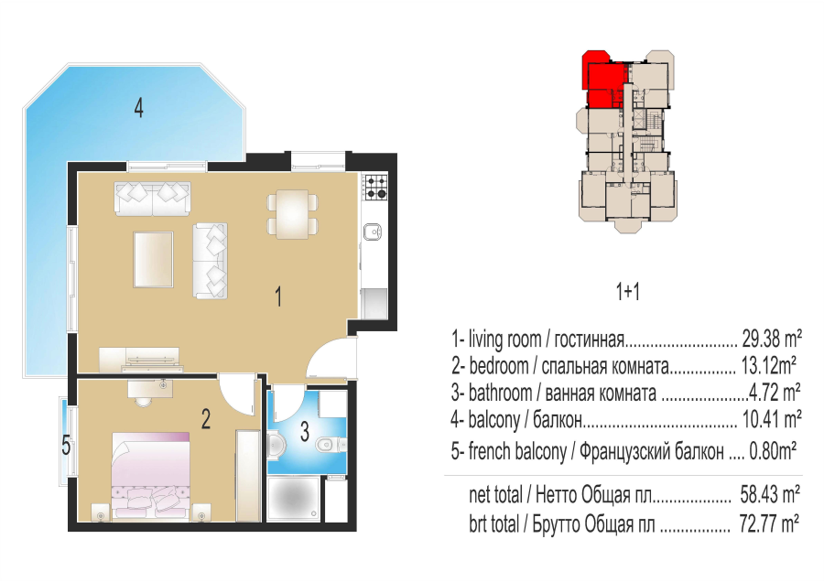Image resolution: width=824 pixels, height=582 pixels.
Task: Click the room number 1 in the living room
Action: [x=278, y=296]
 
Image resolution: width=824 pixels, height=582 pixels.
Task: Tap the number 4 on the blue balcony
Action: [x=138, y=108]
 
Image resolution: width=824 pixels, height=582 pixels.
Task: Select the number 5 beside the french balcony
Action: [x=66, y=446]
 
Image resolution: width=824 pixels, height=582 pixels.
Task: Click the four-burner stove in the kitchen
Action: [x=376, y=187]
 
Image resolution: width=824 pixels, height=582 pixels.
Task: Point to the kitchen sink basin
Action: [x=374, y=231]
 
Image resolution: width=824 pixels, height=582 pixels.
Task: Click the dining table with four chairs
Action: [x=292, y=214]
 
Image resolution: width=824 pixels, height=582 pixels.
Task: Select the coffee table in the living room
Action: [x=154, y=260]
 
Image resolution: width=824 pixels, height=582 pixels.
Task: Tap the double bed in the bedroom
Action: [x=150, y=476]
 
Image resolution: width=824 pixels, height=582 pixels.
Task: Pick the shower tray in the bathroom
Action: [x=293, y=498]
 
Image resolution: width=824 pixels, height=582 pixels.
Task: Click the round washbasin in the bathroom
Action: [x=276, y=446]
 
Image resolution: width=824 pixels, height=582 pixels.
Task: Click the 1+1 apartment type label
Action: [x=627, y=291]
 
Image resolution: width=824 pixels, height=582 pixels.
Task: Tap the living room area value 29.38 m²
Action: [x=772, y=339]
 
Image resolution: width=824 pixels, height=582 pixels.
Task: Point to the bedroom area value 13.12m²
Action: [x=768, y=366]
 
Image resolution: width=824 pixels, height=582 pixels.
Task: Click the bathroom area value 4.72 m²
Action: [x=775, y=393]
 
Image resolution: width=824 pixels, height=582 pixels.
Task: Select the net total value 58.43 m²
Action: [x=770, y=494]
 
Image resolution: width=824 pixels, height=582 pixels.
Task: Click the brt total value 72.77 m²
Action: [x=769, y=523]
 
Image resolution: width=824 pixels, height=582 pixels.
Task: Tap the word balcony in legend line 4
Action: [x=494, y=420]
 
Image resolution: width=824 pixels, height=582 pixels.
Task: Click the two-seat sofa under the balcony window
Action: [x=152, y=198]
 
